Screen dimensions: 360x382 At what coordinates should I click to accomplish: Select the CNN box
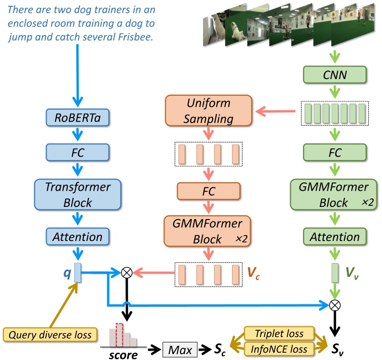pos(334,75)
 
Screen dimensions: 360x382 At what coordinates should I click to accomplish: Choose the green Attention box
pos(334,237)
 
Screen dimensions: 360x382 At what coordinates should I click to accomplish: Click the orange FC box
pos(208,191)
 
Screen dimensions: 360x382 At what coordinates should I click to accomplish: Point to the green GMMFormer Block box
pos(334,195)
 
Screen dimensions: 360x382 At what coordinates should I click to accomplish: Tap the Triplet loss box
pos(279,334)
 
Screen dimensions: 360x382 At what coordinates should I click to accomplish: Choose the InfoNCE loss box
pos(279,349)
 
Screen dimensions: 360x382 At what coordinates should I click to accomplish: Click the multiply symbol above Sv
pos(335,306)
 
